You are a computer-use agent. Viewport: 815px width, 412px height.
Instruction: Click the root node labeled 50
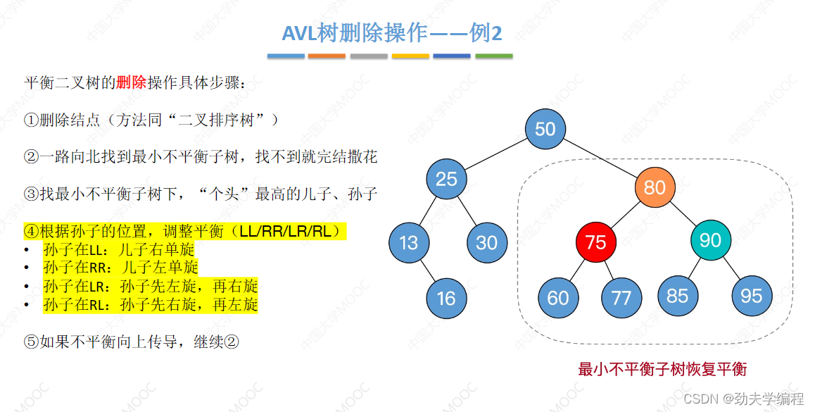pos(545,128)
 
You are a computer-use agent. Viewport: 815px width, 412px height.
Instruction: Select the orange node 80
pos(655,187)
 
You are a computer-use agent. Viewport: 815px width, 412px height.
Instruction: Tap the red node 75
pos(595,242)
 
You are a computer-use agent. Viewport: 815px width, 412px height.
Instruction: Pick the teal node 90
pos(710,241)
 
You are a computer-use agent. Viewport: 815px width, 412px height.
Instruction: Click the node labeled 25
pos(446,179)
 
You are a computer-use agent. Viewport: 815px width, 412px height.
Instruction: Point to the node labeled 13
pos(409,243)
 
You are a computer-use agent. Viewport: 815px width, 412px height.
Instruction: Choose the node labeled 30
pos(487,243)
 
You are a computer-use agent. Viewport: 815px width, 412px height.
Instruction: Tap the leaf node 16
pos(446,298)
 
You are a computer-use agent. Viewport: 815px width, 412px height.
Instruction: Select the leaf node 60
pos(558,297)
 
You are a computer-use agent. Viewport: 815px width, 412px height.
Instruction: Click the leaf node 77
pos(621,297)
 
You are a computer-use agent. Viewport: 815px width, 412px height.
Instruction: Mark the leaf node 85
pos(678,295)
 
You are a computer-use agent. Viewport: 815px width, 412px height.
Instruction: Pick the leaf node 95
pos(752,295)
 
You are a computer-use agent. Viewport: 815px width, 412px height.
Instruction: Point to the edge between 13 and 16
pos(427,270)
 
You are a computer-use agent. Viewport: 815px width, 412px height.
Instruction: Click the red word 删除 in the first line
pos(131,83)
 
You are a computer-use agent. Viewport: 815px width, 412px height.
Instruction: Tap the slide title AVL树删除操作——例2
pos(391,32)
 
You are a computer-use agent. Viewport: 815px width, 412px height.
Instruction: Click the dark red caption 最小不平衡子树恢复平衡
pos(662,369)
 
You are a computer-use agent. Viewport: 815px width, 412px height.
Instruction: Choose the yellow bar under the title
pos(410,56)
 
